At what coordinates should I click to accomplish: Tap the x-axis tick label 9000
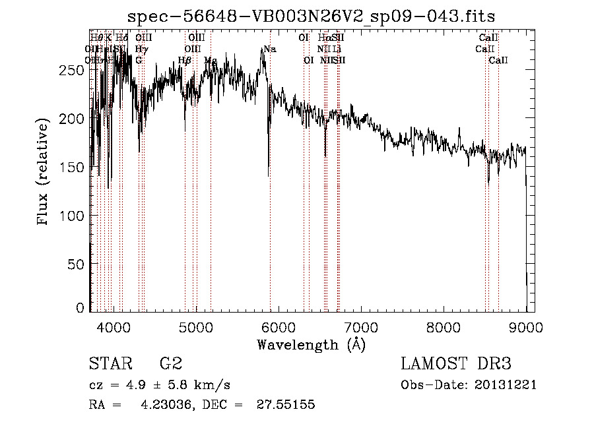pyautogui.click(x=526, y=327)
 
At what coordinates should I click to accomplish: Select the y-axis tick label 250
pyautogui.click(x=75, y=70)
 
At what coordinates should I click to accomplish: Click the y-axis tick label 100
pyautogui.click(x=75, y=216)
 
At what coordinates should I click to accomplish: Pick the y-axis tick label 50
pyautogui.click(x=79, y=264)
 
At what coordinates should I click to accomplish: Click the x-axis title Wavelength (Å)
pyautogui.click(x=311, y=344)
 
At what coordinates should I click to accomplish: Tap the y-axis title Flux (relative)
pyautogui.click(x=44, y=173)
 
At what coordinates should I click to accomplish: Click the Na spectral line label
pyautogui.click(x=269, y=49)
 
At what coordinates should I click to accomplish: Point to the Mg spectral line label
pyautogui.click(x=211, y=61)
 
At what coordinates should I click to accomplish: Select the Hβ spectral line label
pyautogui.click(x=185, y=61)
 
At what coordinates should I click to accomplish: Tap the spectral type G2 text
pyautogui.click(x=171, y=364)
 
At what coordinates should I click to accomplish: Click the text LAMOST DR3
pyautogui.click(x=455, y=364)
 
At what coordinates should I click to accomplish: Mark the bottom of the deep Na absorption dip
pyautogui.click(x=269, y=175)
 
